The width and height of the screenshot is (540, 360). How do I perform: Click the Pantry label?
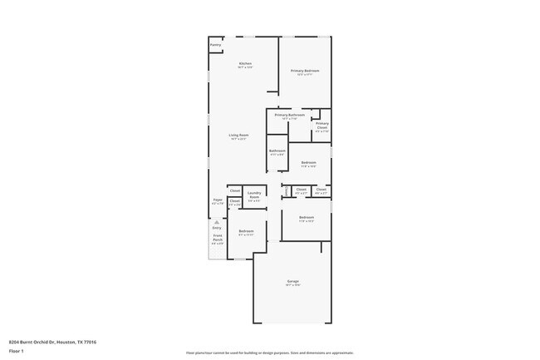(x=215, y=45)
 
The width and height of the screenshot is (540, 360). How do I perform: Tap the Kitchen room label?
(x=245, y=64)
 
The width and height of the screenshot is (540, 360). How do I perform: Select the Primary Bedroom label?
(x=305, y=72)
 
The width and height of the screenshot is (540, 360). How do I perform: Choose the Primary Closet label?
(x=322, y=126)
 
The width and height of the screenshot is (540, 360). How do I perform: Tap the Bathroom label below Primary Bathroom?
(x=277, y=151)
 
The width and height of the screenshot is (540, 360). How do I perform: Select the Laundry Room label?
(x=254, y=195)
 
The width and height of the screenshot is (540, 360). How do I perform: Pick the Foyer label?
(x=218, y=200)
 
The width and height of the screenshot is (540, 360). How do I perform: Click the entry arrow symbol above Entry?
(x=216, y=223)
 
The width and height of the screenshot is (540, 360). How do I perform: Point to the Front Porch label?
(x=216, y=239)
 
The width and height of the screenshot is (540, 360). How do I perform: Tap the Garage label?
(x=292, y=282)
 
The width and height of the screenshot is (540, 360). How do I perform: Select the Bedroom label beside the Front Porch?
(x=246, y=231)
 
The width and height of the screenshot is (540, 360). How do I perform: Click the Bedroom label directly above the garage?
(x=306, y=217)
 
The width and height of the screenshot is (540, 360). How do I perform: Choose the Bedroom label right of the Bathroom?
(x=308, y=162)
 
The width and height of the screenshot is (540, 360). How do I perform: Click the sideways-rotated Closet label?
(x=287, y=190)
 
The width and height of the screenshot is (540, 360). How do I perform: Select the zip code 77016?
(x=90, y=341)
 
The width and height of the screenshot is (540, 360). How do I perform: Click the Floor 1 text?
(x=16, y=352)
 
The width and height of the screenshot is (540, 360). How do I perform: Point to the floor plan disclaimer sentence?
(x=270, y=353)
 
